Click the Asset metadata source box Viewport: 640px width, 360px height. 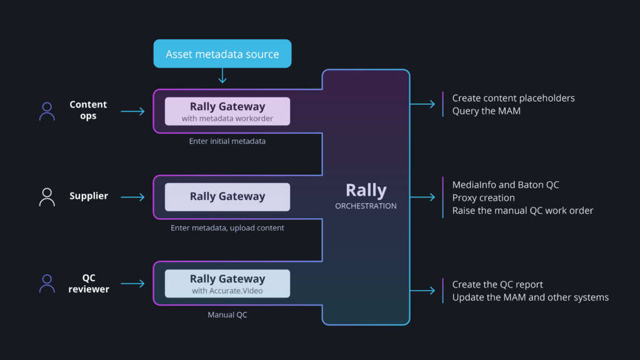coord(222,54)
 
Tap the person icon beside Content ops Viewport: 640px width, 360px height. coord(47,111)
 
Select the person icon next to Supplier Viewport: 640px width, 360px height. coord(47,197)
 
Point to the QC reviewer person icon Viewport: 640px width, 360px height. coord(47,284)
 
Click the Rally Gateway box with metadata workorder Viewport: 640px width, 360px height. coord(227,111)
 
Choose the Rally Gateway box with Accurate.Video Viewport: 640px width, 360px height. coord(227,283)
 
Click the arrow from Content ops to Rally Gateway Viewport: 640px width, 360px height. coord(132,111)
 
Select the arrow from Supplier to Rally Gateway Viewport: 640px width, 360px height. coord(132,197)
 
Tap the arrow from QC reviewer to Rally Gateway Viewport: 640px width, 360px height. coord(132,283)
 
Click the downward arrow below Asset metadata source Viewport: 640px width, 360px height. coord(222,76)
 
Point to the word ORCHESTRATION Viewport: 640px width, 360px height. coord(366,206)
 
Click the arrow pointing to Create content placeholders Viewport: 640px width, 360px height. coord(422,104)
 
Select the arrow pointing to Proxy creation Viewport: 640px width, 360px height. coord(422,197)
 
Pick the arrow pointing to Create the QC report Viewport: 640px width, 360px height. coord(422,291)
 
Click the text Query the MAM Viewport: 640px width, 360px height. coord(486,111)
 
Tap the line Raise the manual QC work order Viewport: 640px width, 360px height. coord(522,211)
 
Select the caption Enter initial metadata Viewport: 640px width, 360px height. coord(227,141)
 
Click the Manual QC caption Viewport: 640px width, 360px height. coord(227,315)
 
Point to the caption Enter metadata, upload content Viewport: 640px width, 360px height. coord(227,227)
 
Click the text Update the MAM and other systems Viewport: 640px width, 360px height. coord(530,297)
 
